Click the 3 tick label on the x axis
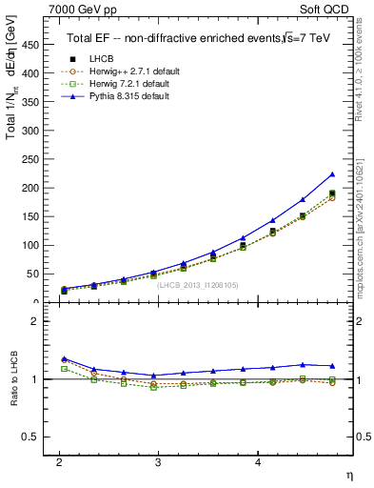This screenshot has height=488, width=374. pos(158,462)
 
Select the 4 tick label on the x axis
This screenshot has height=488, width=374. pos(257,462)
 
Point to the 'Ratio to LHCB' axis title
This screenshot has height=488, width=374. pos(13,379)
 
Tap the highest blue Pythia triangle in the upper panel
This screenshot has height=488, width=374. pos(332,174)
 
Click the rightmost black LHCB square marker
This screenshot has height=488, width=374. pos(332,193)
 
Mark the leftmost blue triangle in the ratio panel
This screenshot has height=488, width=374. pos(64,358)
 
